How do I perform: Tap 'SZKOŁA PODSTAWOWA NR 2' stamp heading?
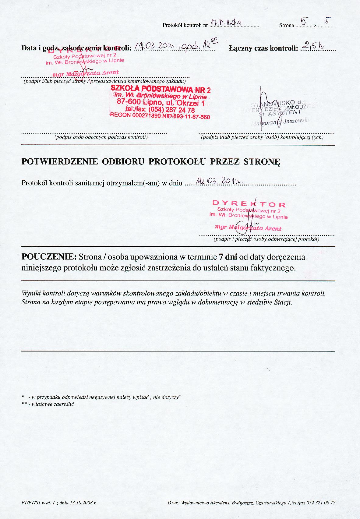[x=161, y=90]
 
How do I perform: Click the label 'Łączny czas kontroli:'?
[x=263, y=48]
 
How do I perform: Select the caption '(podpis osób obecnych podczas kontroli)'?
[x=101, y=137]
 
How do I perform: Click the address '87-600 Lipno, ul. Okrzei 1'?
[x=161, y=103]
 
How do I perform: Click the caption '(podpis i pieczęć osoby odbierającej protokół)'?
[x=266, y=239]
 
